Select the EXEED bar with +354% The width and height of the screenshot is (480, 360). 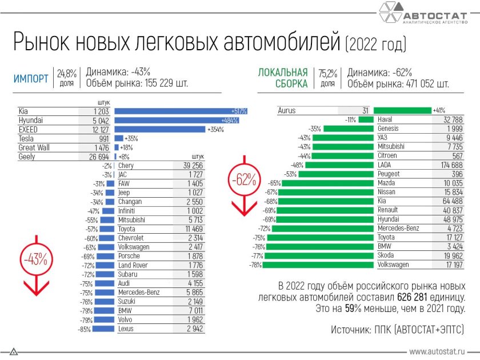tap(160, 129)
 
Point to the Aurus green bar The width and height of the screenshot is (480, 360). tap(402, 110)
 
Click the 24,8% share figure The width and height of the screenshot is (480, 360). tap(67, 73)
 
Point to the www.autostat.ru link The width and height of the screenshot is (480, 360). tap(437, 352)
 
